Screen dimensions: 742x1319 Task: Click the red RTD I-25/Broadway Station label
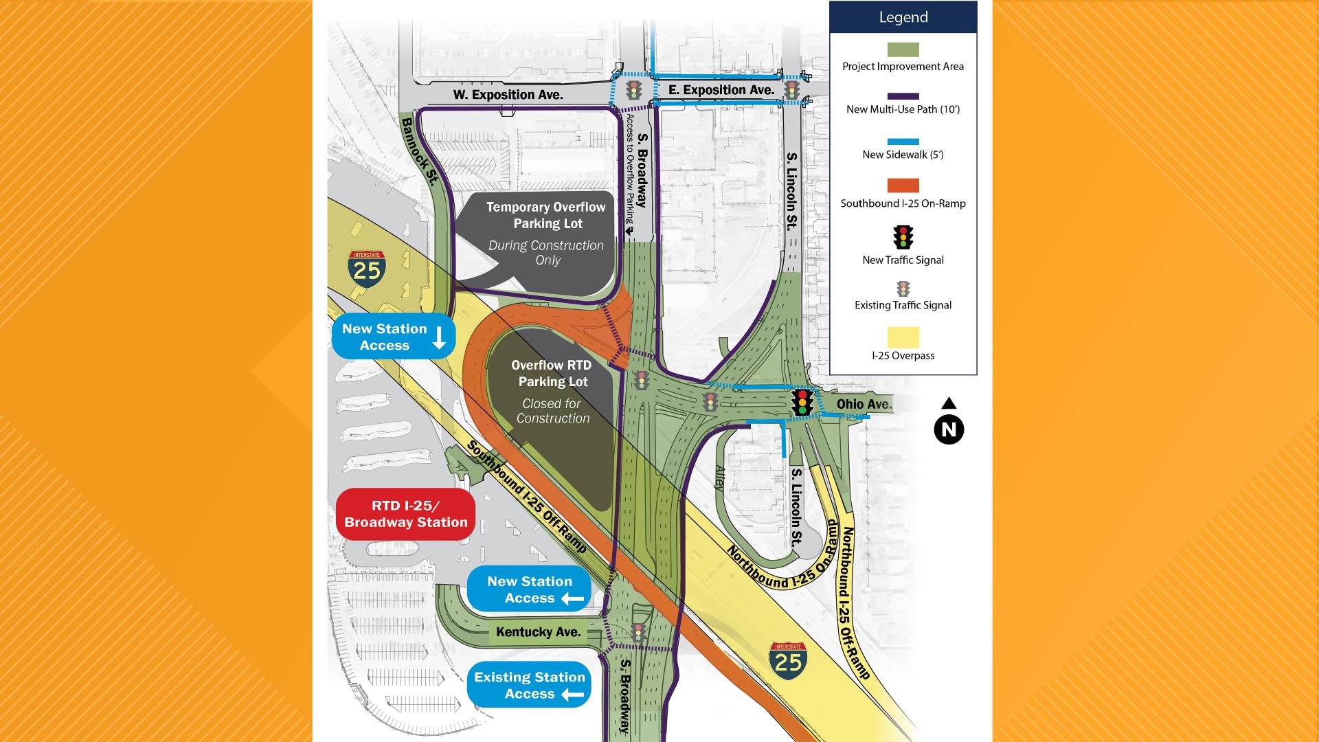coord(406,514)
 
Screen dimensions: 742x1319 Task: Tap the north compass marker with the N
coord(949,429)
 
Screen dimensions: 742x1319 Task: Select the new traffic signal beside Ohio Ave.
coord(802,403)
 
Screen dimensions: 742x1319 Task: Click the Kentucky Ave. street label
coord(539,632)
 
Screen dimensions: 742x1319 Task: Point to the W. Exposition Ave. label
coord(508,94)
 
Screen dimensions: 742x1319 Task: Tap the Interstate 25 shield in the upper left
coord(367,268)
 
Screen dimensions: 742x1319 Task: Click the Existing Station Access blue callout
coord(529,685)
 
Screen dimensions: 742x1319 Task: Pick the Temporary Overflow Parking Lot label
coord(546,215)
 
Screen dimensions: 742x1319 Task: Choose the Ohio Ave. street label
coord(864,405)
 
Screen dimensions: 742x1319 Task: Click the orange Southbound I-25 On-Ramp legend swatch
coord(903,185)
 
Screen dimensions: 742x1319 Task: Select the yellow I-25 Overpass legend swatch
coord(903,337)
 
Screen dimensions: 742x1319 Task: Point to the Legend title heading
coord(903,17)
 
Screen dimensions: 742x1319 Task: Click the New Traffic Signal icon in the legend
coord(903,237)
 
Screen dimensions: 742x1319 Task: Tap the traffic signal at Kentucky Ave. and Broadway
coord(638,632)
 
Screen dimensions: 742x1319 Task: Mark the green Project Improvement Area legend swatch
coord(903,49)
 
